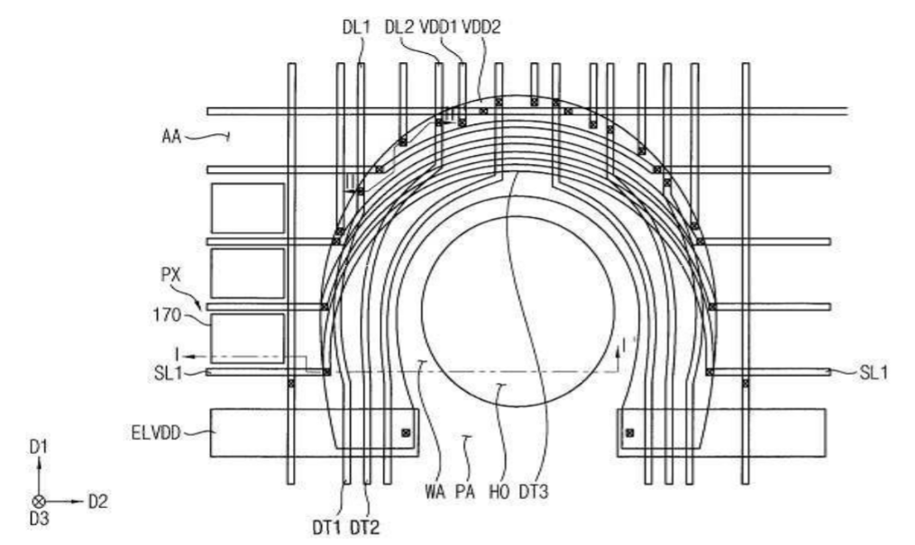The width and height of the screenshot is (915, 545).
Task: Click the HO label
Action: pyautogui.click(x=500, y=493)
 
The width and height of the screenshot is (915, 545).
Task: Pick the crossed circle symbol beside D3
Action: pyautogui.click(x=38, y=501)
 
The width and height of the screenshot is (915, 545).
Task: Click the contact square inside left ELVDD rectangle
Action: pyautogui.click(x=406, y=433)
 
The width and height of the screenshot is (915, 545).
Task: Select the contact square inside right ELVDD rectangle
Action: pyautogui.click(x=629, y=433)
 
